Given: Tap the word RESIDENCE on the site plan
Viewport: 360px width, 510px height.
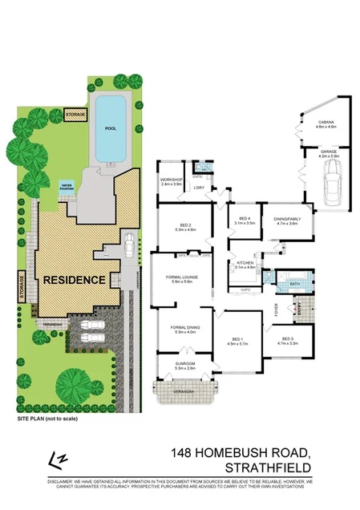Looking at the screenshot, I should (74, 280).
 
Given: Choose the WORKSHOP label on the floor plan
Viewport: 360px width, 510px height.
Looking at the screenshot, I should (172, 180).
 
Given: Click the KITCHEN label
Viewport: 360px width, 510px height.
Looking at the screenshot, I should (245, 263).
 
